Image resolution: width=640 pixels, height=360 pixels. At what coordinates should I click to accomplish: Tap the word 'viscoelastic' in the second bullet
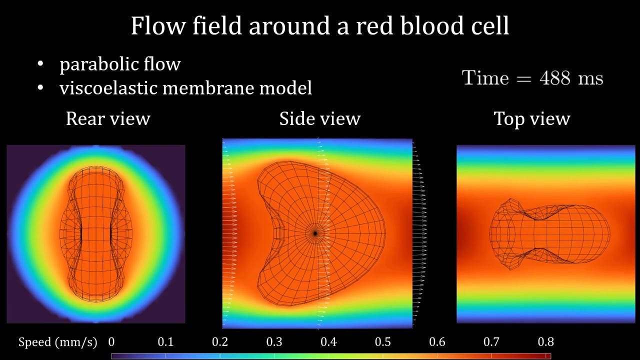click(108, 88)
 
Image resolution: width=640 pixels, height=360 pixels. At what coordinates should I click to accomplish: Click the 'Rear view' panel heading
click(108, 119)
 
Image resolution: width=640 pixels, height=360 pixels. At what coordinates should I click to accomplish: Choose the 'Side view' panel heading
click(319, 119)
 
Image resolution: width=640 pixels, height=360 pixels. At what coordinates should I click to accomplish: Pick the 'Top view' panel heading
click(531, 119)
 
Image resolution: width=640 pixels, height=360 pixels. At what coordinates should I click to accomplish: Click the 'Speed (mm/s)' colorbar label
click(57, 342)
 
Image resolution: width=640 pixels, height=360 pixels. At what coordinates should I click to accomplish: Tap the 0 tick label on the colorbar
click(111, 342)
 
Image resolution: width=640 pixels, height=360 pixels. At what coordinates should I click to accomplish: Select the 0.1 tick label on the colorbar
click(165, 342)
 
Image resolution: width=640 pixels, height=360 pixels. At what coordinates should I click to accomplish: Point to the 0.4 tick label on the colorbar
click(328, 342)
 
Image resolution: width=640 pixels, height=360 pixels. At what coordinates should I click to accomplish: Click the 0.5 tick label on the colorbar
click(383, 342)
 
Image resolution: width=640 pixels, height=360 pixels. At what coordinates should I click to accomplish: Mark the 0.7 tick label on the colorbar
click(491, 342)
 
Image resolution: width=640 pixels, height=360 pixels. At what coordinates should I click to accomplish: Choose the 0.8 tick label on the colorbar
click(545, 342)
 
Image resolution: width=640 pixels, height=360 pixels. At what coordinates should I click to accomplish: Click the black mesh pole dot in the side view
click(315, 233)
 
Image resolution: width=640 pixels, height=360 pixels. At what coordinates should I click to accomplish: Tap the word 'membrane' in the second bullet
click(208, 88)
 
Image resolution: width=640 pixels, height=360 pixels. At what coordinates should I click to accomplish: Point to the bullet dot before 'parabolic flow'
click(40, 64)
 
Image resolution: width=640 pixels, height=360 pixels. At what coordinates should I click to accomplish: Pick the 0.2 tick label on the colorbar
click(220, 342)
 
